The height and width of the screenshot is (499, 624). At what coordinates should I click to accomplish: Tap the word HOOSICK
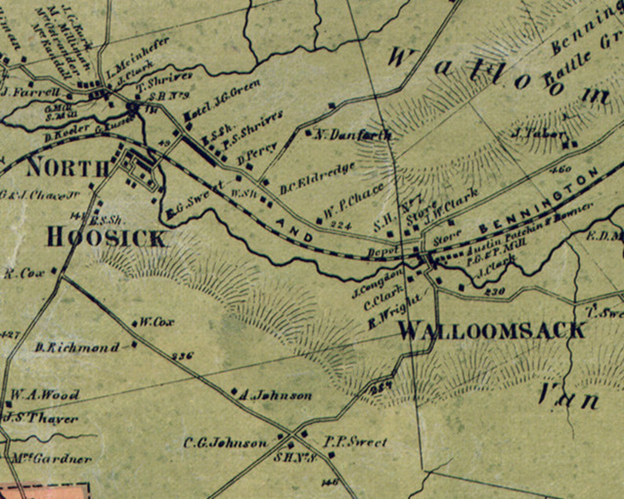106,238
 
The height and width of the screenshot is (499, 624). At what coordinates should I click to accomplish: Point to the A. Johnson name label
275,395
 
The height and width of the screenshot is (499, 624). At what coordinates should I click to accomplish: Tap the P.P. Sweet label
355,442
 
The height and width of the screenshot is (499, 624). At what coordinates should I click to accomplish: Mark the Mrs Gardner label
51,459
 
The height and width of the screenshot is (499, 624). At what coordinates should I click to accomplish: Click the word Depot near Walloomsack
384,252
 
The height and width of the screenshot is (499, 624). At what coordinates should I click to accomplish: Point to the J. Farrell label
31,93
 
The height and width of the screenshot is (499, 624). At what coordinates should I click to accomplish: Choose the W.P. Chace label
353,201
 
